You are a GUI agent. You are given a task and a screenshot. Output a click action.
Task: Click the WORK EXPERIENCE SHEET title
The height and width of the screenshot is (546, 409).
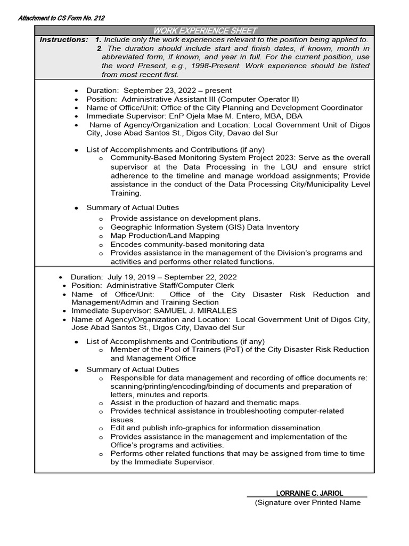204,30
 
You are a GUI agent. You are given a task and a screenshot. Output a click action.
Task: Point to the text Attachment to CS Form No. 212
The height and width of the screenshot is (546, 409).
61,18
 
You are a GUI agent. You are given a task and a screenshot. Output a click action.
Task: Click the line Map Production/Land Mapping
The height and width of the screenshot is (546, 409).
165,236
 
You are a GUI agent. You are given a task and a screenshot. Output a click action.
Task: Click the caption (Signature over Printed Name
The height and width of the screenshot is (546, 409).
308,502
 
